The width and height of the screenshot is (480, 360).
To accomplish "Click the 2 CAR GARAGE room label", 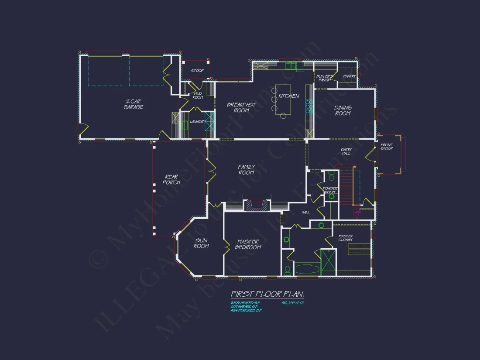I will pyautogui.click(x=133, y=104).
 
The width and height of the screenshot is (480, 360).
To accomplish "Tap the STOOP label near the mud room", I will pyautogui.click(x=197, y=71).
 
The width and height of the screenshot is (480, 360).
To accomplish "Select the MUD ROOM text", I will pyautogui.click(x=198, y=96).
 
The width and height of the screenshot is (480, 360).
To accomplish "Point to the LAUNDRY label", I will pyautogui.click(x=197, y=121).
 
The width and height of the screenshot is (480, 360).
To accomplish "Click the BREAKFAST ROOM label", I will pyautogui.click(x=241, y=107).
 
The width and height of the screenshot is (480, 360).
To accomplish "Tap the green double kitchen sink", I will pyautogui.click(x=291, y=66).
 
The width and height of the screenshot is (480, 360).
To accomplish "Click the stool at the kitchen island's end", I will pyautogui.click(x=283, y=116).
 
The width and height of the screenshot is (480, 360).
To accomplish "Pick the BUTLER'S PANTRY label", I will pyautogui.click(x=325, y=78).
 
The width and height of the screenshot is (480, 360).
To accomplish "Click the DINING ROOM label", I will pyautogui.click(x=343, y=110).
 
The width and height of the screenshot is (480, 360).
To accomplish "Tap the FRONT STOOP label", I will pyautogui.click(x=386, y=147).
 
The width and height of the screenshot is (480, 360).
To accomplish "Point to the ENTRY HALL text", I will pyautogui.click(x=346, y=151).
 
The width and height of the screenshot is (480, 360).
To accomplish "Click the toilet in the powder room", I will pyautogui.click(x=331, y=176).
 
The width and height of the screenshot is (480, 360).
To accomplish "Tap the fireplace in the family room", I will pyautogui.click(x=257, y=205).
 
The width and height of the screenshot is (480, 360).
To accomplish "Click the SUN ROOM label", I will pyautogui.click(x=201, y=243).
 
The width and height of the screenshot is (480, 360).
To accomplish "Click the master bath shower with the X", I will pyautogui.click(x=328, y=262).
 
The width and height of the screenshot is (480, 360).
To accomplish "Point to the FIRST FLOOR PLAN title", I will pyautogui.click(x=267, y=294).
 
